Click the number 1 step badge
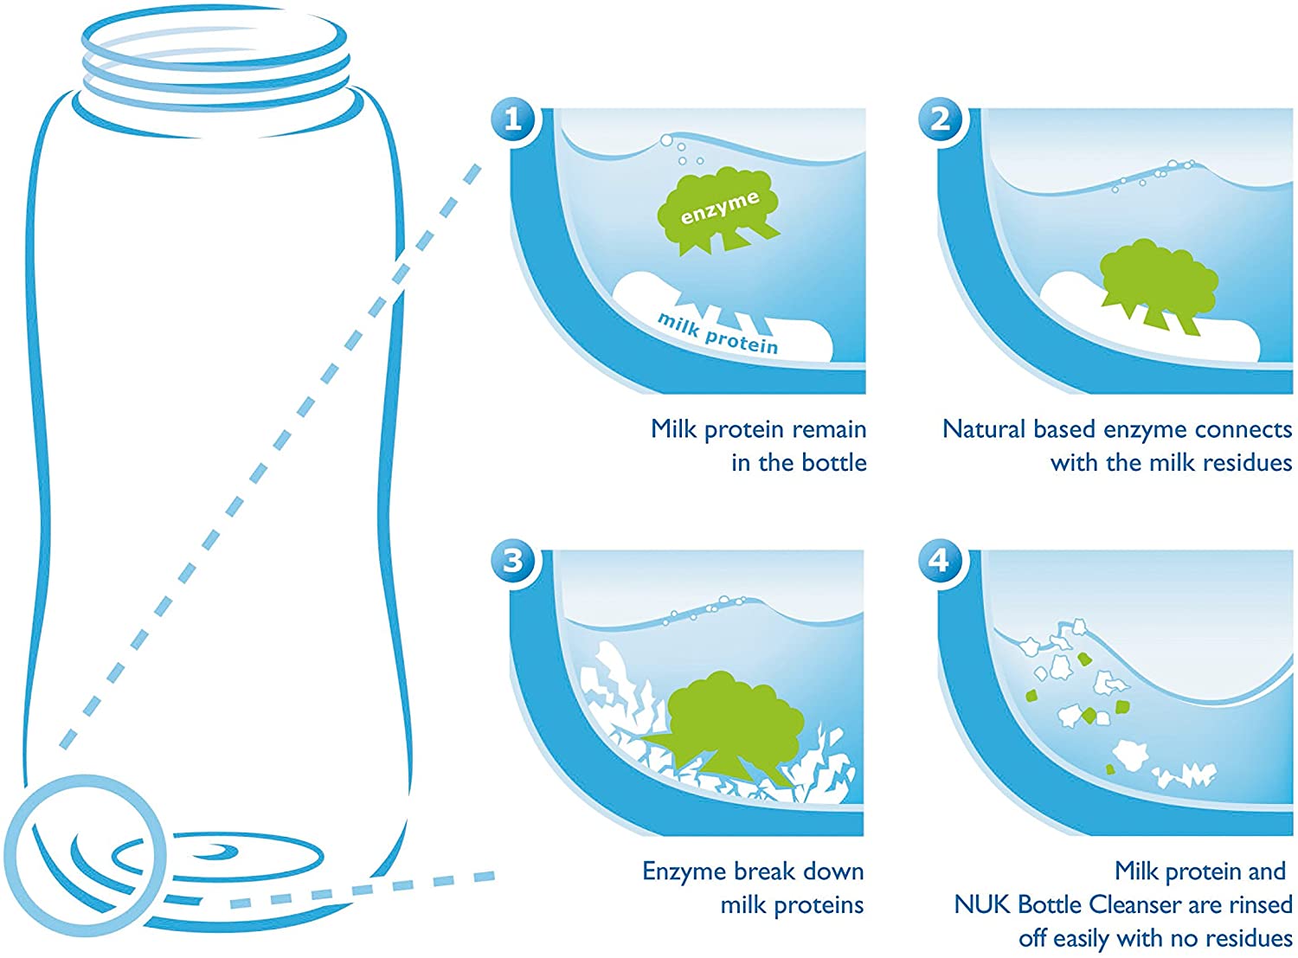point(513,119)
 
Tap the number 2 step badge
point(941,119)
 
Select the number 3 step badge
point(513,561)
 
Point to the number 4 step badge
point(941,561)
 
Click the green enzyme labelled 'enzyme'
point(719,209)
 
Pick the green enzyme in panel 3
point(726,729)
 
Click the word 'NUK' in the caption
point(982,904)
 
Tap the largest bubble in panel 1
point(666,140)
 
